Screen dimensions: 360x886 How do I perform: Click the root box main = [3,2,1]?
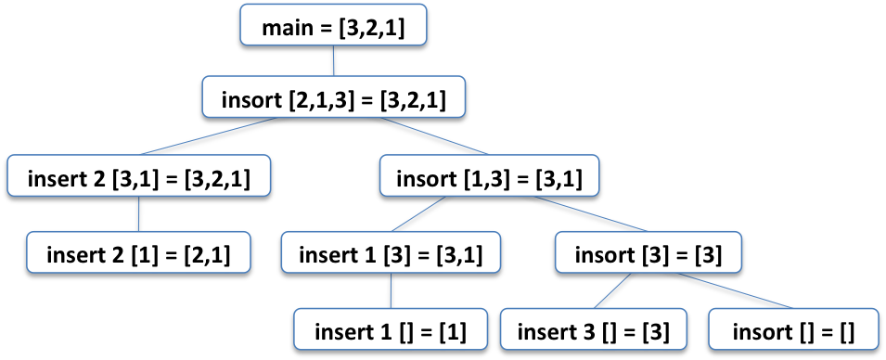332,28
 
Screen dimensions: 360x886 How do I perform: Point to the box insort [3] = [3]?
648,252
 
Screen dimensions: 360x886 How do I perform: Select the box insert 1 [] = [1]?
390,331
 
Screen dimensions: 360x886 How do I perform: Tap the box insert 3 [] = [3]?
590,331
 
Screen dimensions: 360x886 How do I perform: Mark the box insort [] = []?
793,331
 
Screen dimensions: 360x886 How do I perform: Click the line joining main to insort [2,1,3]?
332,63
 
